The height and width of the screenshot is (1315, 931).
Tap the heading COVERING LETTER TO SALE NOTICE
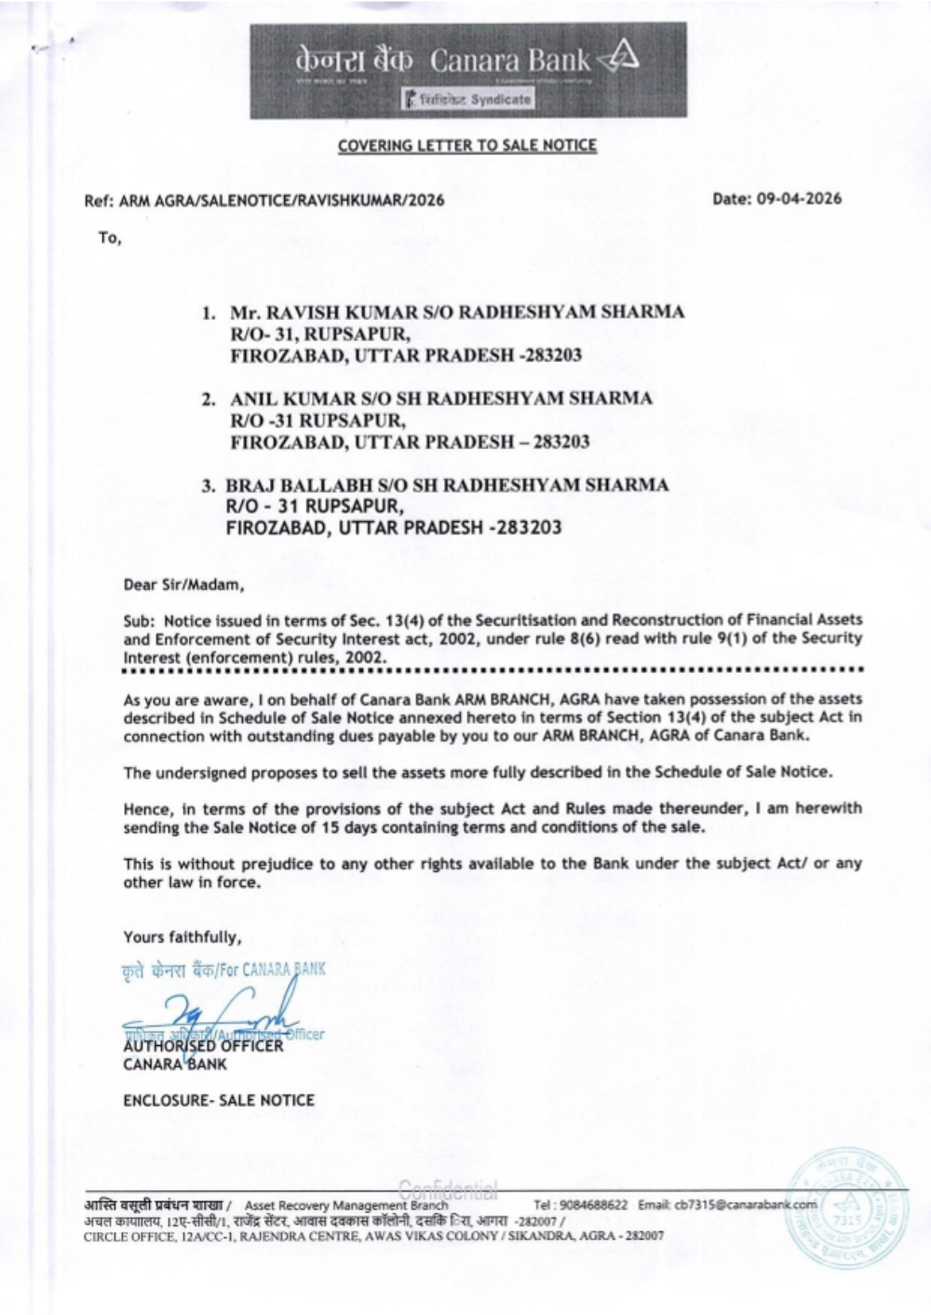coord(466,145)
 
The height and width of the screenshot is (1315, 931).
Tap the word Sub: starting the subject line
coord(140,619)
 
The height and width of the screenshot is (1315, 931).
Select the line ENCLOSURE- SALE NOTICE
coord(219,1100)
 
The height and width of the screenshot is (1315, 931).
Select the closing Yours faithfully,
coord(182,937)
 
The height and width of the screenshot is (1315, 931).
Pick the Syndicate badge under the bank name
coord(468,99)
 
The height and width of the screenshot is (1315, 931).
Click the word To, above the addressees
coord(110,238)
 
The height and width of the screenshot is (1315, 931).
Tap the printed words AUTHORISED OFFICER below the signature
coord(203,1046)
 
